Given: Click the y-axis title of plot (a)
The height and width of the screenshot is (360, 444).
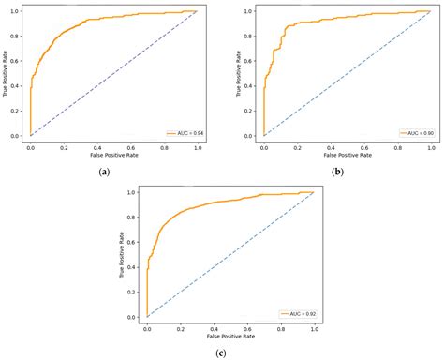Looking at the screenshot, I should pos(7,73).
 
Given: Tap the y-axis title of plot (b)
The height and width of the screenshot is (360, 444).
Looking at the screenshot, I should pos(240,73).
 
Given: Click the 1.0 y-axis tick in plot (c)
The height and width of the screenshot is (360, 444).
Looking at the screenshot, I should pos(135,191).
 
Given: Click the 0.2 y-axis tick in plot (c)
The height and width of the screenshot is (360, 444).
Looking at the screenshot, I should pos(135,291).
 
